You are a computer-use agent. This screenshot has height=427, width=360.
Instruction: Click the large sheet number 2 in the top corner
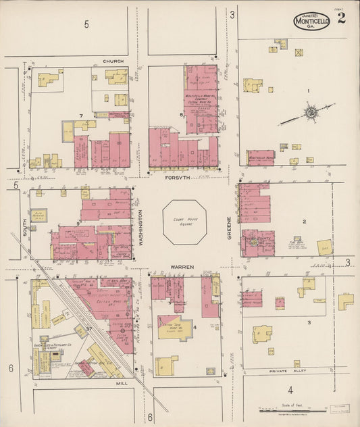tap(342, 18)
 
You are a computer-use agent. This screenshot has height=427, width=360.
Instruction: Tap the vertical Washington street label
tap(142, 229)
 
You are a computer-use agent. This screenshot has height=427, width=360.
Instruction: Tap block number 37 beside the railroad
tap(88, 328)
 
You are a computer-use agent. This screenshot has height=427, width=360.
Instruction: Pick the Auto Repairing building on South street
tap(38, 216)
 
